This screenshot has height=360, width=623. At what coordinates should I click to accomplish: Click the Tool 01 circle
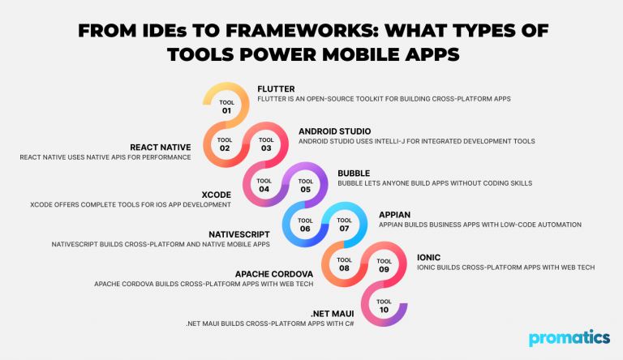(x=226, y=105)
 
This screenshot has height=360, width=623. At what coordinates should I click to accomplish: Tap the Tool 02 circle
(x=225, y=144)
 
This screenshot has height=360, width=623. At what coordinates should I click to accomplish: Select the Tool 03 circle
(x=266, y=144)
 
